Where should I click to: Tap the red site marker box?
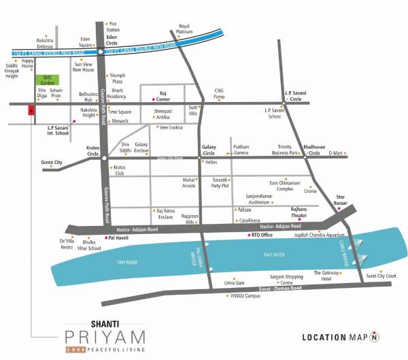coord(30,111)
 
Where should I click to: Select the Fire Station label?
coord(113,27)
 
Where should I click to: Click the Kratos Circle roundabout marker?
coord(104,157)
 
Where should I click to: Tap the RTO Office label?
coord(262,235)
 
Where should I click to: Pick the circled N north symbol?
coord(374,337)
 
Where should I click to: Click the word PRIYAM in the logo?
coord(101,336)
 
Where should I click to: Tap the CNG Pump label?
coord(219,93)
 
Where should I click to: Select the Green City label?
coord(52,163)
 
